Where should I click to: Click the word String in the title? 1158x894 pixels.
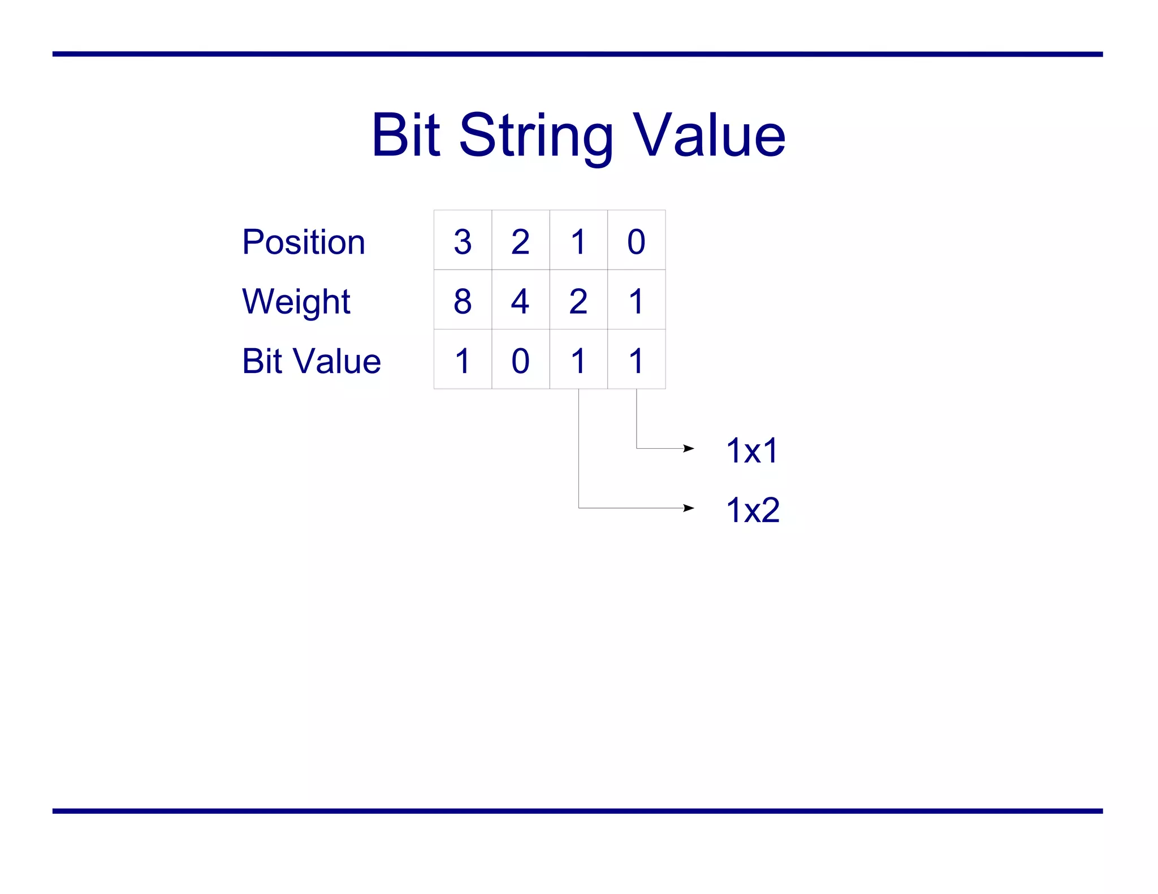[x=535, y=136]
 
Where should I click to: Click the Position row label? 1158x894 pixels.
[x=303, y=242]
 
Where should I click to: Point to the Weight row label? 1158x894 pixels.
[x=296, y=301]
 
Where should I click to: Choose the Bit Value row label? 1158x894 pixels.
[x=311, y=361]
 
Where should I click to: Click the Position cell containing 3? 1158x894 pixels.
[x=463, y=241]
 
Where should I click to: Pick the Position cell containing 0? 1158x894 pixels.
[x=636, y=241]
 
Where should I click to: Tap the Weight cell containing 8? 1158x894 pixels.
[x=463, y=300]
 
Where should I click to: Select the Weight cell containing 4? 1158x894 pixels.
[x=520, y=300]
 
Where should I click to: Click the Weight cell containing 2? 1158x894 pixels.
[x=578, y=300]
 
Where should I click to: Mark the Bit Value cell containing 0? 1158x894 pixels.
[x=520, y=360]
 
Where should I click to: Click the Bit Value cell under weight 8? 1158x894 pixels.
[x=463, y=360]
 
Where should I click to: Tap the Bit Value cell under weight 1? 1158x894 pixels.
[x=636, y=360]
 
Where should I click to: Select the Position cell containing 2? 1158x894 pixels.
[x=520, y=241]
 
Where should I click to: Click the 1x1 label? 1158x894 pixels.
[x=752, y=450]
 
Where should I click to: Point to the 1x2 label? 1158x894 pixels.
[x=753, y=510]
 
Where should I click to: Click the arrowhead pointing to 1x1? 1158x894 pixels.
[x=688, y=449]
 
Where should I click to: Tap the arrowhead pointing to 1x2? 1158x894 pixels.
[x=688, y=508]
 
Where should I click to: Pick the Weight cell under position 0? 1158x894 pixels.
[x=636, y=300]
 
